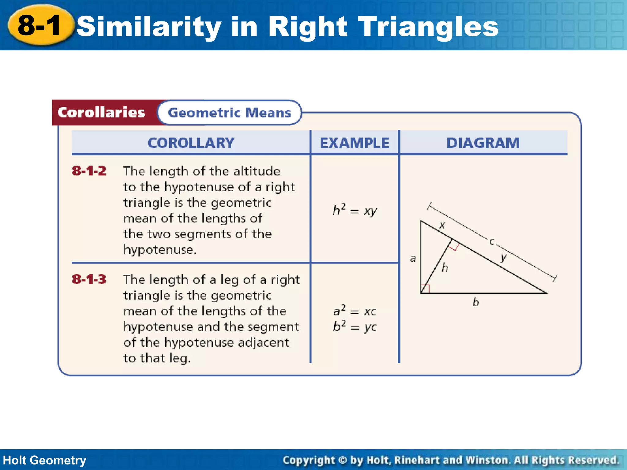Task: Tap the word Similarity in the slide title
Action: point(149,27)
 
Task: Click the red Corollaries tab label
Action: point(101,113)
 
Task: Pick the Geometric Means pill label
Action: point(230,113)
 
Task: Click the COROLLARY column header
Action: point(191,143)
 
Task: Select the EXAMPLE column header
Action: point(355,143)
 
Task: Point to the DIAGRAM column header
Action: point(483,143)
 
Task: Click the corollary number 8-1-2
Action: point(89,171)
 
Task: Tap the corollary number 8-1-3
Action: point(89,279)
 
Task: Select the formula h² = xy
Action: point(355,210)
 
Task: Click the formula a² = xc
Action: point(355,311)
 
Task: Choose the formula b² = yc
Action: point(355,326)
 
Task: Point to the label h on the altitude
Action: point(445,267)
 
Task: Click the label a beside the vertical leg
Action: point(413,259)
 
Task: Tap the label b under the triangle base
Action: point(475,302)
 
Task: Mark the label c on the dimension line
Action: point(492,241)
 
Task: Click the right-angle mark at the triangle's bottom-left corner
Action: point(425,289)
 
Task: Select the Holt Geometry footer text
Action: point(45,460)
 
